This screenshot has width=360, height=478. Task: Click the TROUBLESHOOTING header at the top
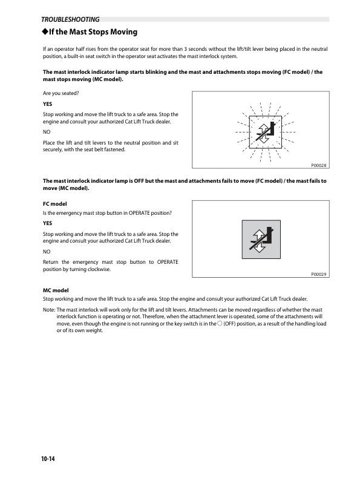click(66, 19)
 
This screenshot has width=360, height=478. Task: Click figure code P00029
click(318, 274)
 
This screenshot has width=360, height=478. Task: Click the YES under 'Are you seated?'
click(48, 103)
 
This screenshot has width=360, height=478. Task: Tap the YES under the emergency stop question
click(48, 223)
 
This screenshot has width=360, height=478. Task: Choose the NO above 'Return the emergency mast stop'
click(47, 250)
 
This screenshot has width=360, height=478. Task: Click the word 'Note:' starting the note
click(49, 309)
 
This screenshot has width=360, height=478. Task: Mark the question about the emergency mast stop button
click(108, 213)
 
